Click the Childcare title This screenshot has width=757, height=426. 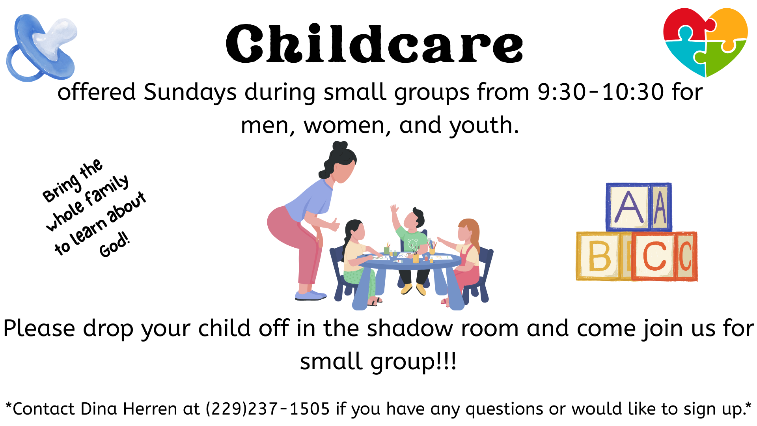[375, 44]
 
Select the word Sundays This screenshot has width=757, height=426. [190, 93]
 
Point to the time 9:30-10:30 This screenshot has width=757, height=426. [601, 92]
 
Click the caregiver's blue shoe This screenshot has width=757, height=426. [311, 295]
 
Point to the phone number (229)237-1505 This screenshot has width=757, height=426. [268, 409]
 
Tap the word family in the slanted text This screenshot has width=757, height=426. [107, 190]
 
